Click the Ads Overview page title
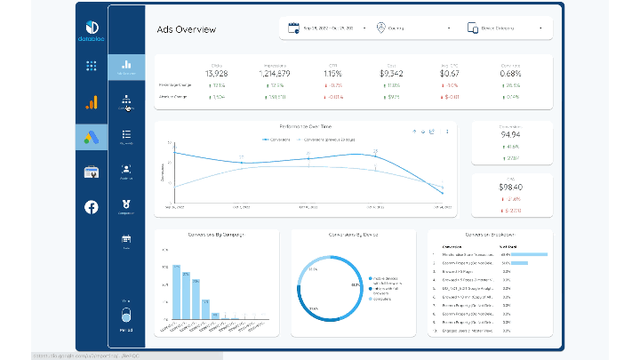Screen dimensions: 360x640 tap(187, 29)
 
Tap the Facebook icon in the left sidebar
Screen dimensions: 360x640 tap(91, 206)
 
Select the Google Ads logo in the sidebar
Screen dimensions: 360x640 tap(91, 137)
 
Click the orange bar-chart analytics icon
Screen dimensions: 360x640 tap(91, 102)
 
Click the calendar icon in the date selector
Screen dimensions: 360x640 tap(293, 28)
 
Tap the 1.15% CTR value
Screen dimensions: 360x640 tap(333, 73)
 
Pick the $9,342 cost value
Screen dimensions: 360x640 tap(391, 73)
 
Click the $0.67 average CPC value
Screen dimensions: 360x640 tap(450, 73)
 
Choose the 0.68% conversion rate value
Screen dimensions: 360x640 tap(510, 73)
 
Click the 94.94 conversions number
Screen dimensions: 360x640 tap(510, 135)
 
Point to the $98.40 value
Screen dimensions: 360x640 tap(510, 188)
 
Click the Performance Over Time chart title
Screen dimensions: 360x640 tap(305, 127)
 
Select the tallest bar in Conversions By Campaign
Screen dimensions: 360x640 tap(177, 292)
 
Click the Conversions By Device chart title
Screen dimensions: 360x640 tap(352, 235)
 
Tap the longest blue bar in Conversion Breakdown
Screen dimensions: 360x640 tap(528, 254)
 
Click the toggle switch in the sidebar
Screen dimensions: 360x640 tap(125, 316)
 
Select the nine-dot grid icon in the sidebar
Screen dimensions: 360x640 tap(91, 66)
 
